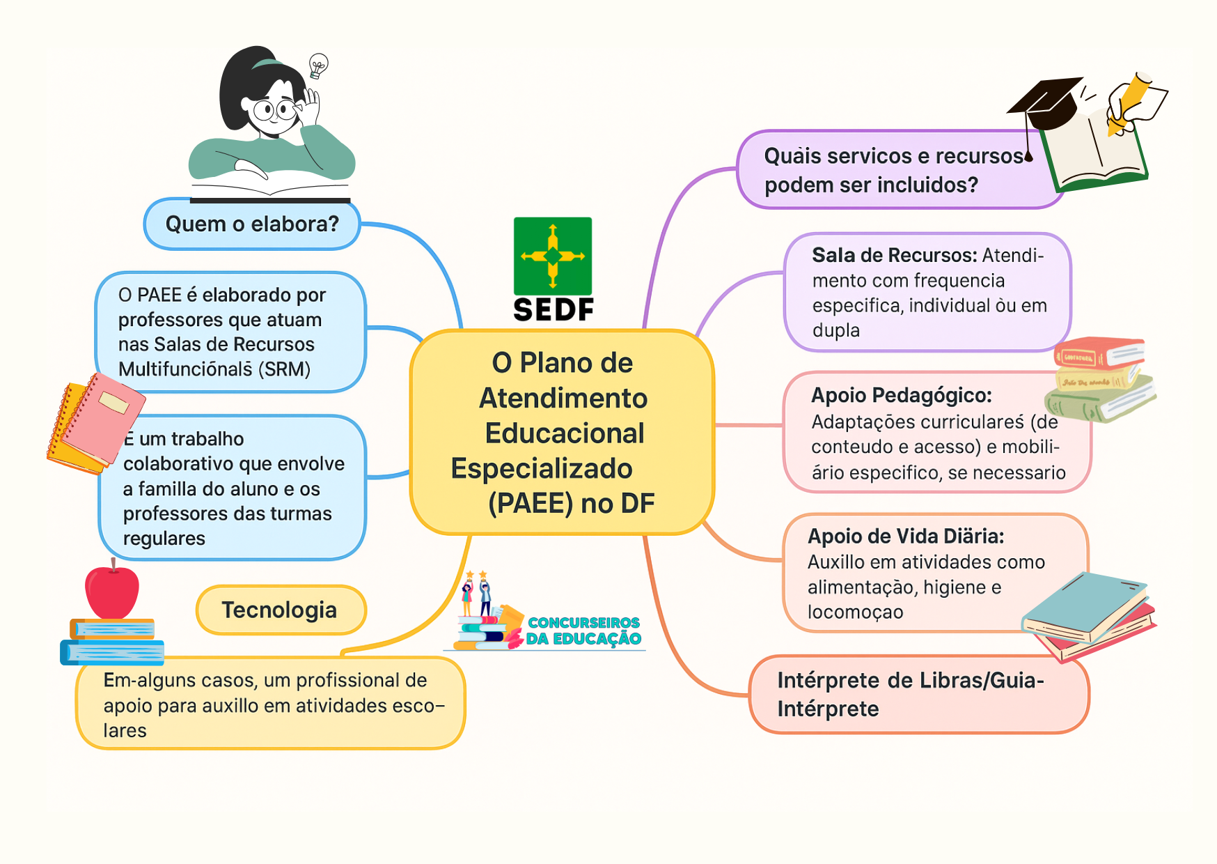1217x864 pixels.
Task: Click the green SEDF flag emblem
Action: click(553, 256)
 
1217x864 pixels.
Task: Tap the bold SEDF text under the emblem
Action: click(553, 310)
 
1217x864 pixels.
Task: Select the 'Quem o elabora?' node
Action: click(252, 224)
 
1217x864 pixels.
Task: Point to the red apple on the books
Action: click(112, 592)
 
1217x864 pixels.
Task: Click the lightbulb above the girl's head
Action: click(318, 65)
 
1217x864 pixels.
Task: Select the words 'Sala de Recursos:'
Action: click(895, 255)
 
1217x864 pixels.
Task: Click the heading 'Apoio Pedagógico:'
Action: click(902, 395)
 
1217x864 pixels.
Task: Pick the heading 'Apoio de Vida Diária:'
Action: click(906, 536)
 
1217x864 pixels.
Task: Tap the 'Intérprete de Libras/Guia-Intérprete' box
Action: click(919, 694)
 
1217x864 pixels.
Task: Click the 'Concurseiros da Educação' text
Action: click(583, 631)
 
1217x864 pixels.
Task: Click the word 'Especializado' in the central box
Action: click(542, 468)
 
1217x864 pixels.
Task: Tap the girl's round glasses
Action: click(275, 109)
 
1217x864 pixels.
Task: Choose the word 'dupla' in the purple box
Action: click(836, 330)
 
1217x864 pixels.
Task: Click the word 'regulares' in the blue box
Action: click(164, 539)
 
